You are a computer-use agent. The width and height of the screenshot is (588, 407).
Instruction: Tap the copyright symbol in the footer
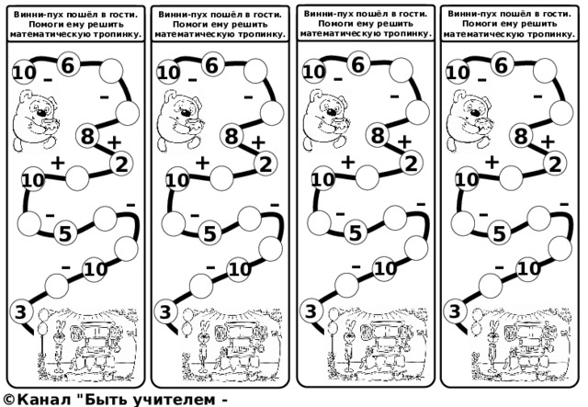[8, 400]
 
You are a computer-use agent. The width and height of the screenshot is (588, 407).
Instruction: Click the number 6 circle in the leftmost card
[68, 65]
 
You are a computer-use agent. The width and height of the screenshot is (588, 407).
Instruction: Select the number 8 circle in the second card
[232, 135]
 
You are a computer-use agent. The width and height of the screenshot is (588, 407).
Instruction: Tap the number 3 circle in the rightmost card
[455, 311]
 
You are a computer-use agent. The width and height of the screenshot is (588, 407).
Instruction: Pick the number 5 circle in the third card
[356, 233]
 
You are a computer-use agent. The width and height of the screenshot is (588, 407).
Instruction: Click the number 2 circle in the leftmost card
[121, 164]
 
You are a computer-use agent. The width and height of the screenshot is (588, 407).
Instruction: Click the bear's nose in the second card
[186, 112]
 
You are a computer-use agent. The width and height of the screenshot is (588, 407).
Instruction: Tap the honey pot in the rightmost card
[483, 125]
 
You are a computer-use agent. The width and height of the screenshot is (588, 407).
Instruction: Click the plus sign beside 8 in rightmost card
[548, 141]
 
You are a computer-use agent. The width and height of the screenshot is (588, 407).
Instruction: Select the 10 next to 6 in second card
[169, 73]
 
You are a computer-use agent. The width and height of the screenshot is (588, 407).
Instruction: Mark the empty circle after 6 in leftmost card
[111, 71]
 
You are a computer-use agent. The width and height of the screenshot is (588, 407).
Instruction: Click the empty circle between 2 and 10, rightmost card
[511, 177]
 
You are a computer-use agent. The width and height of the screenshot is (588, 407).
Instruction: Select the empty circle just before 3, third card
[346, 285]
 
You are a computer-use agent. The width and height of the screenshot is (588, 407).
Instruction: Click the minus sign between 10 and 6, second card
[192, 80]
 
